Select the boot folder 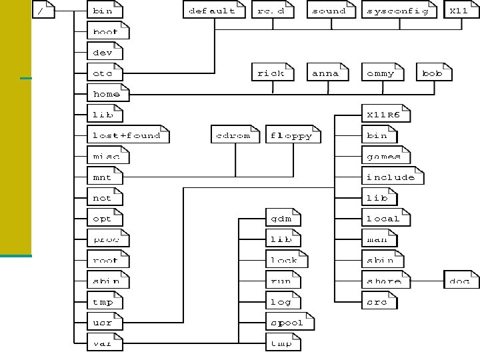[x=105, y=31]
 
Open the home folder [x=107, y=94]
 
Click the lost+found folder [x=127, y=135]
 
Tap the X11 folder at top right [x=459, y=11]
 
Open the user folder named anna [x=326, y=73]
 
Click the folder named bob [x=433, y=73]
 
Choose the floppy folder [x=292, y=135]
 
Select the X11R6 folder [x=385, y=115]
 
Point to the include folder [x=391, y=177]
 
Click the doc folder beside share [x=461, y=281]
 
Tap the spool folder [x=287, y=323]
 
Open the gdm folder [x=281, y=219]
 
